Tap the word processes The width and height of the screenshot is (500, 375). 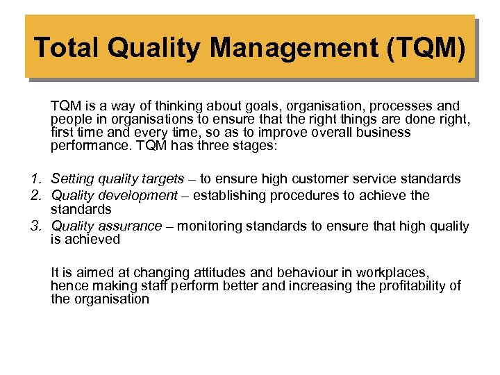[401, 106]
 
